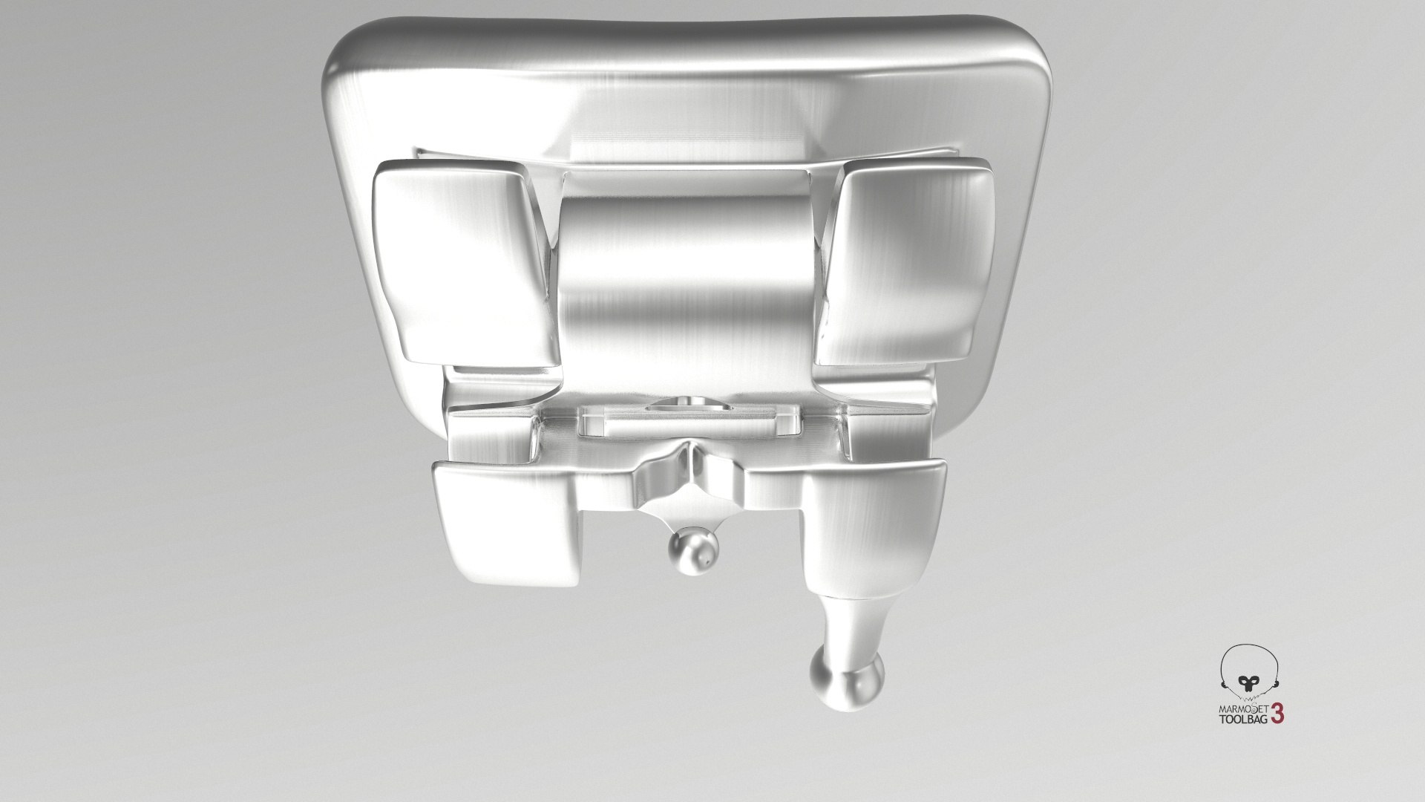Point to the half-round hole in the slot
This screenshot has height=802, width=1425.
686,405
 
